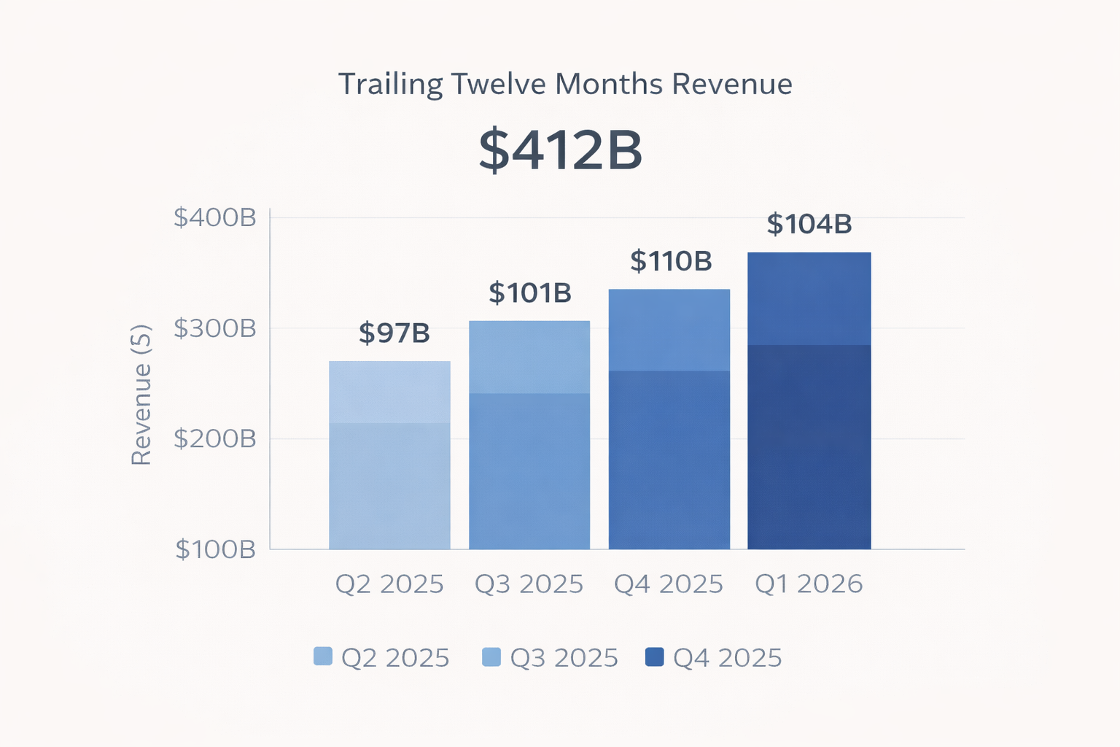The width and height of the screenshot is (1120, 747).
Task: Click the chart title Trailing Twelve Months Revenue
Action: click(565, 85)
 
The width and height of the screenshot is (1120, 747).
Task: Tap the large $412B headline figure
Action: click(560, 150)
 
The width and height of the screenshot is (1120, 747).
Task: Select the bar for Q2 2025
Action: click(389, 455)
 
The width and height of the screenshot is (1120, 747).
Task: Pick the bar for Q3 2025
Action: click(529, 435)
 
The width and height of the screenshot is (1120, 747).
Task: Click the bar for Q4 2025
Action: click(669, 419)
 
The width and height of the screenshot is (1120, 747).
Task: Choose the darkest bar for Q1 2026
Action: click(809, 400)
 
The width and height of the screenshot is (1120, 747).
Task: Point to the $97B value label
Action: click(394, 333)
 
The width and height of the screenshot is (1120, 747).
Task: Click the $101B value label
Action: click(530, 293)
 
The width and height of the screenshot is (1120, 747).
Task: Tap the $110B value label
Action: click(671, 261)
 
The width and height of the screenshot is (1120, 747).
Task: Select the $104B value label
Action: click(809, 224)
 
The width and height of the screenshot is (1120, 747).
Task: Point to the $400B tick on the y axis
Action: click(215, 217)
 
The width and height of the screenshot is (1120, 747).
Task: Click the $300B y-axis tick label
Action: click(215, 328)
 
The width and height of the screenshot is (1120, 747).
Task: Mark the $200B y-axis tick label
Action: click(215, 439)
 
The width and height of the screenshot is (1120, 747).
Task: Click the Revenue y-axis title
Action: click(141, 394)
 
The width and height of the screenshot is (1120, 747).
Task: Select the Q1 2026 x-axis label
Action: click(809, 584)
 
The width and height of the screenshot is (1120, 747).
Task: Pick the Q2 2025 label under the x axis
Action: click(389, 584)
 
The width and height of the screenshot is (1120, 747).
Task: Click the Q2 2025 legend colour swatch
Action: click(322, 657)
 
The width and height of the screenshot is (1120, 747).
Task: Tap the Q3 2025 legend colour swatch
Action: click(491, 657)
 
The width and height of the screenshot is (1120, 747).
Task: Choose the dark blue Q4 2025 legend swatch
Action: click(655, 657)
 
